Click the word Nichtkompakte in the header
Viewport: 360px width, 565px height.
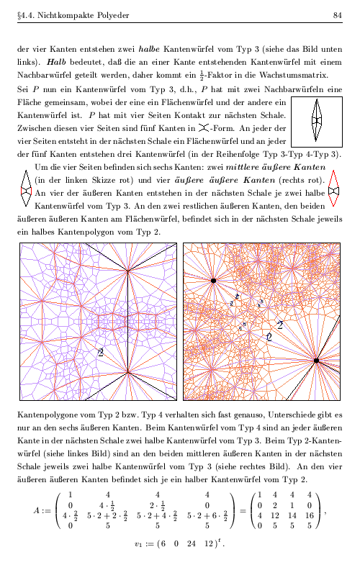pyautogui.click(x=58, y=15)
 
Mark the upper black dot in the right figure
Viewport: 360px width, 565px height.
pyautogui.click(x=213, y=280)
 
